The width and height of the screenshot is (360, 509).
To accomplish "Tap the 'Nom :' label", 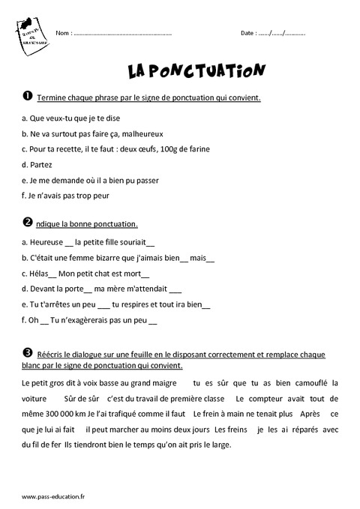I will [x=63, y=34].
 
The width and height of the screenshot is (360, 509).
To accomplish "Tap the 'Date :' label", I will [x=249, y=34].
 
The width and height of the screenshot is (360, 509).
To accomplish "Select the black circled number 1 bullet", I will [x=18, y=97].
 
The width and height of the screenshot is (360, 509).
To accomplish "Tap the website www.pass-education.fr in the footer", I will [x=49, y=496].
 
